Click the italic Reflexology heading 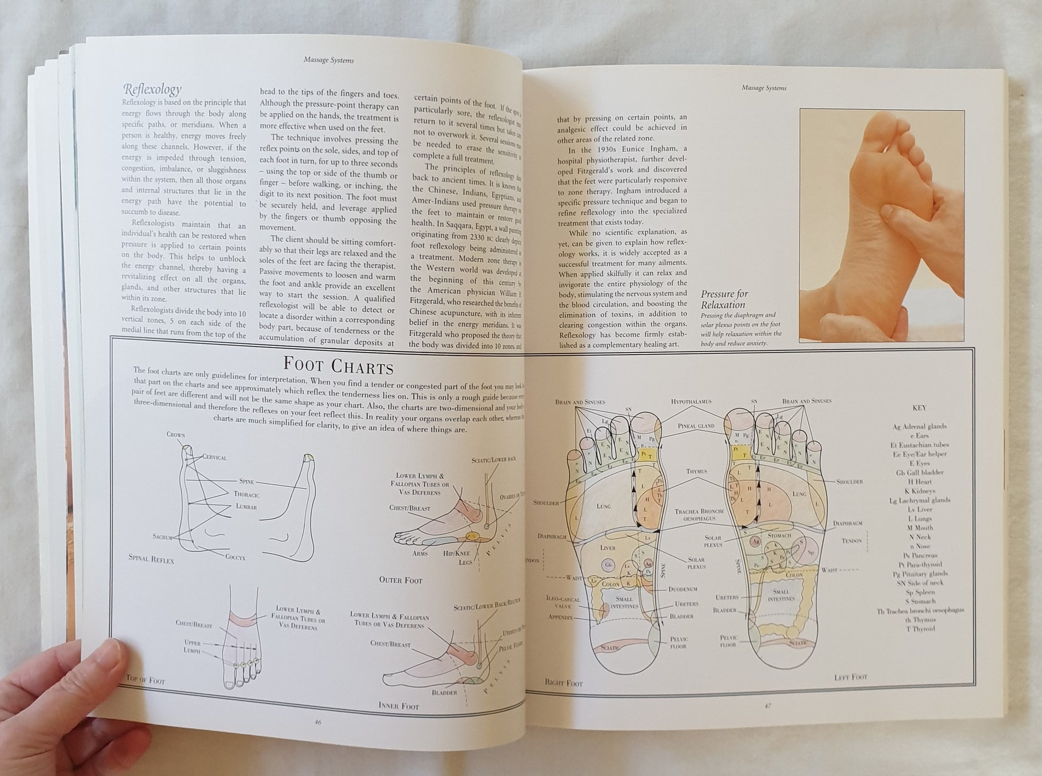[x=153, y=89]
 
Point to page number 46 [x=318, y=721]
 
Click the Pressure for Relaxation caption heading [x=724, y=299]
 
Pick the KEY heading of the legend [x=919, y=408]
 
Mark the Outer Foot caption [x=401, y=579]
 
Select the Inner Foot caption [x=399, y=706]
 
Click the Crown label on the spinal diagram [x=175, y=434]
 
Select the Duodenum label [x=682, y=589]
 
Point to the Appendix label [x=561, y=617]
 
